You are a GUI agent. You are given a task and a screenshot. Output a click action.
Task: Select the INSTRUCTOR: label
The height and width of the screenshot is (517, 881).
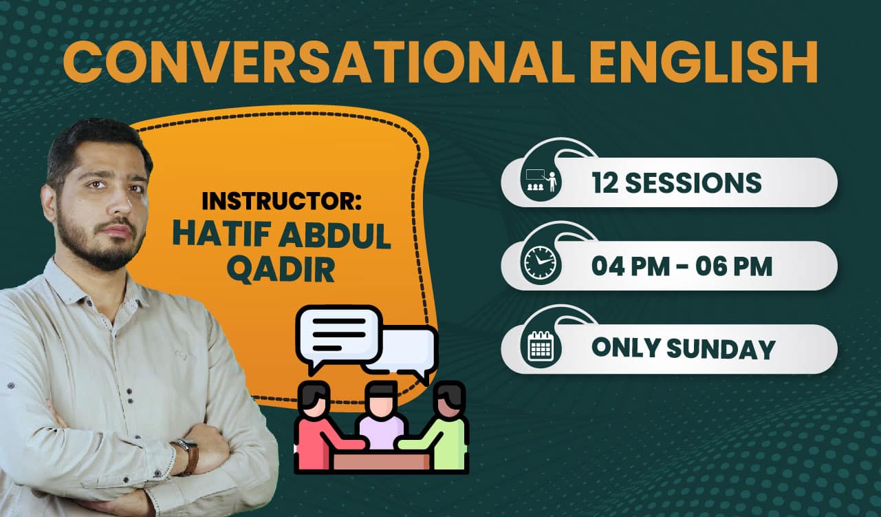[x=281, y=201]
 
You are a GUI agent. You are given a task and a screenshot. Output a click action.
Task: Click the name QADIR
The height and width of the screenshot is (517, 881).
[x=281, y=270]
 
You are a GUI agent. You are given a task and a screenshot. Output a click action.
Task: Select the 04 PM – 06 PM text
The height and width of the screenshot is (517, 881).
[x=682, y=266]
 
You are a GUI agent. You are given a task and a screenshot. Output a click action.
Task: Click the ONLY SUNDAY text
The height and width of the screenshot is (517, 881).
[x=684, y=349]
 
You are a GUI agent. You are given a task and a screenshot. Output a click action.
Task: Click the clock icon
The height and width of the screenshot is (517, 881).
[x=541, y=263]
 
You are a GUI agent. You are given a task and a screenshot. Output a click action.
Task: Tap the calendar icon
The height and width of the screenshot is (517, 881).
[x=541, y=346]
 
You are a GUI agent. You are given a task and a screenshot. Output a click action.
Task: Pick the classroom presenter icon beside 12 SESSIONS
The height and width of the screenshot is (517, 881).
[x=541, y=181]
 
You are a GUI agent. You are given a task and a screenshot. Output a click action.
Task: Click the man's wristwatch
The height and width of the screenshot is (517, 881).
[x=187, y=456]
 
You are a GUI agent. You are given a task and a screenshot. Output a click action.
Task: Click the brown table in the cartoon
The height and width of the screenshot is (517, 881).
[x=381, y=461]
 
